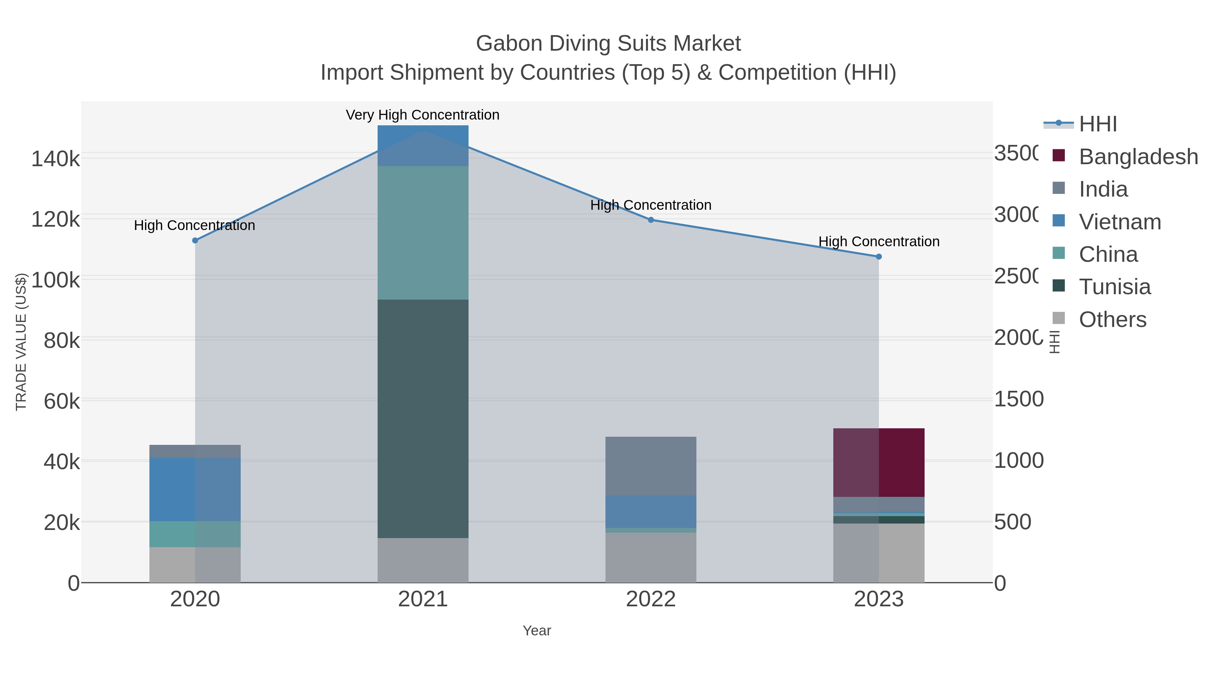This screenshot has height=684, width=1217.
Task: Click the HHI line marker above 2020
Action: click(x=195, y=240)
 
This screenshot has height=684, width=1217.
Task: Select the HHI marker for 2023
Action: click(x=879, y=257)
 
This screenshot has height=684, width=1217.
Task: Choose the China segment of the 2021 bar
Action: click(x=423, y=232)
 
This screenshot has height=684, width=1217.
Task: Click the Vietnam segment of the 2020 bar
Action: click(x=195, y=489)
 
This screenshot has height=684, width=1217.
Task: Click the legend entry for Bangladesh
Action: click(x=1138, y=156)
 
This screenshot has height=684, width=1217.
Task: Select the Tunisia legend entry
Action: click(x=1115, y=286)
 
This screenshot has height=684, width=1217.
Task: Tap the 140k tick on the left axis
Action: click(x=55, y=159)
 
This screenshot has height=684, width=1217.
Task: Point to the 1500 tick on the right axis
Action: click(x=1018, y=399)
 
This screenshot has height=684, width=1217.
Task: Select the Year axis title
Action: click(x=537, y=630)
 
